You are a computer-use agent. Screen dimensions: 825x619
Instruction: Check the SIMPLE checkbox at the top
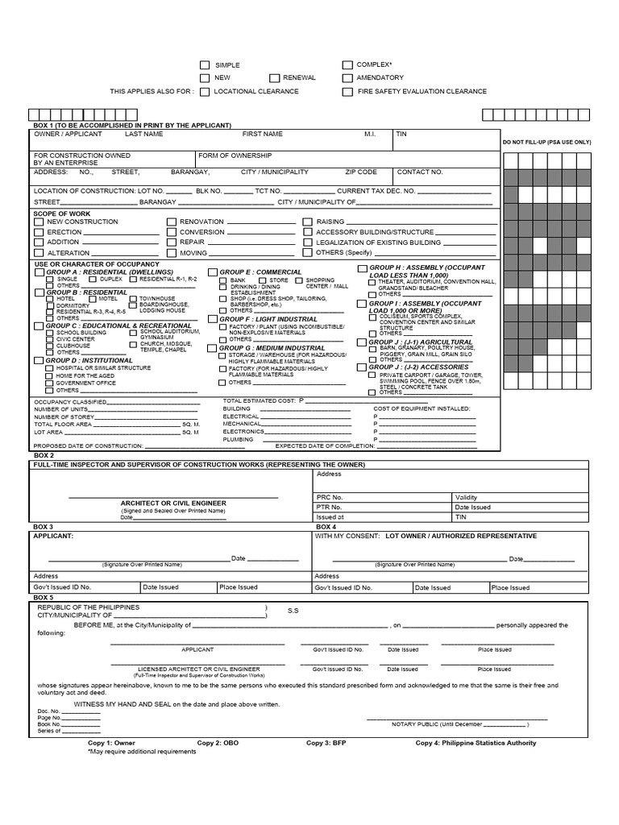tap(205, 64)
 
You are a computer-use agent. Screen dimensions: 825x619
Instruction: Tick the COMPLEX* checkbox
tap(347, 64)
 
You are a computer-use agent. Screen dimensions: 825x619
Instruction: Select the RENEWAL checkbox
tap(275, 78)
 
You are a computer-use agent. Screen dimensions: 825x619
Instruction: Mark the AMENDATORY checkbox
tap(347, 78)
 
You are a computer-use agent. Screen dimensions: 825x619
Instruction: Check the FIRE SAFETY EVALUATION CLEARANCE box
tap(347, 92)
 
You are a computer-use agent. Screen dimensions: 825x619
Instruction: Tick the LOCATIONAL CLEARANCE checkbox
tap(205, 92)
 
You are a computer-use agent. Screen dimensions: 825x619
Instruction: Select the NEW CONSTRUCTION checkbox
tap(39, 222)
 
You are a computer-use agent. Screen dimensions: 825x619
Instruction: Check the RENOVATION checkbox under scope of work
tap(172, 222)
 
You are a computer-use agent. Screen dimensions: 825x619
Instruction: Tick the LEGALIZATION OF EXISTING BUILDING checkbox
tap(308, 243)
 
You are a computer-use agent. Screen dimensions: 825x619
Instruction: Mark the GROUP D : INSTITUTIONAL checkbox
tap(39, 360)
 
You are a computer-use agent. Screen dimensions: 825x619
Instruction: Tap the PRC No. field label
tap(330, 498)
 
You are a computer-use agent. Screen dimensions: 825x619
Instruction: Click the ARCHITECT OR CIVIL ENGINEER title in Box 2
tap(173, 503)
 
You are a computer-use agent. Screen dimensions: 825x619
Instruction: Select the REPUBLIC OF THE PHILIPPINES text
tap(89, 607)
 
